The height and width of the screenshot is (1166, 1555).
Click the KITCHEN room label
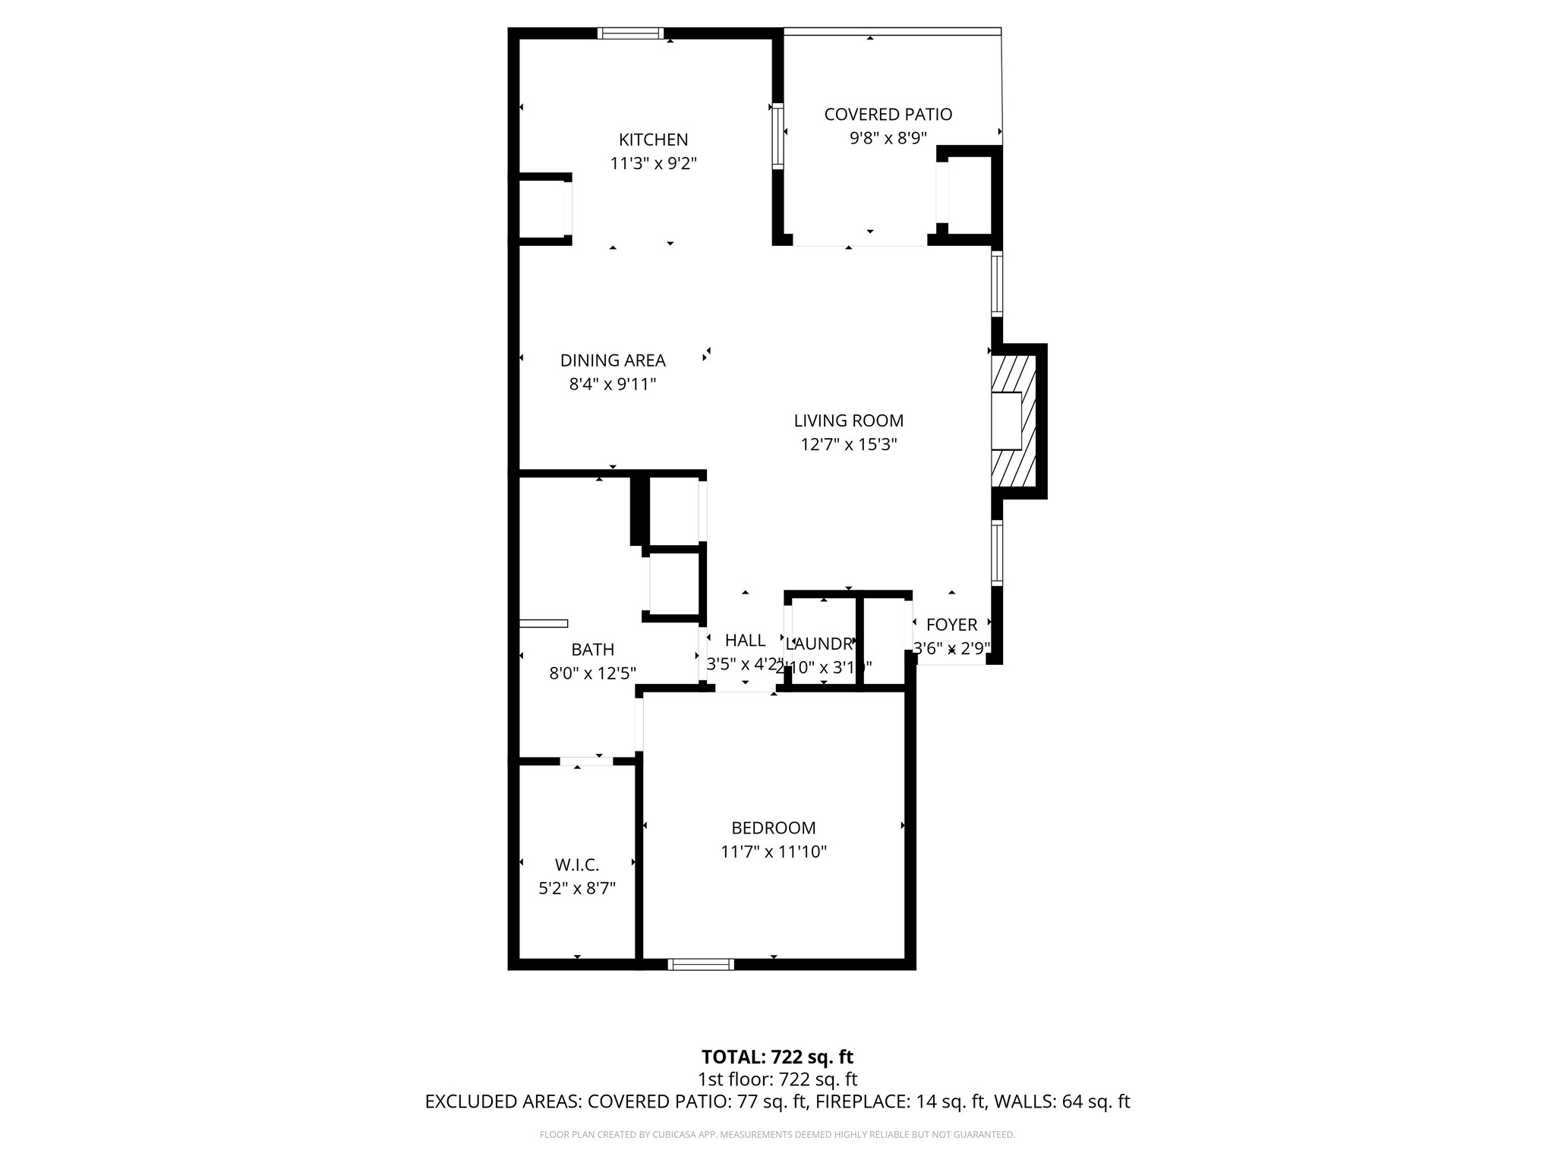[653, 140]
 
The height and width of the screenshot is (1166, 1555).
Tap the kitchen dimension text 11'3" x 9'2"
[653, 163]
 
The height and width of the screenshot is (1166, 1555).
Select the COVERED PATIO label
[888, 115]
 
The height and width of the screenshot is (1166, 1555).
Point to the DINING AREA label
[613, 361]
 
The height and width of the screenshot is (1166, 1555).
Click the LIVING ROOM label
[848, 421]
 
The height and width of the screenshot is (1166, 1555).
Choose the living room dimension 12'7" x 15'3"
[848, 444]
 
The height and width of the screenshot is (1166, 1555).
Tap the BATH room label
[592, 650]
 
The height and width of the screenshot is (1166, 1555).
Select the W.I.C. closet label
[577, 865]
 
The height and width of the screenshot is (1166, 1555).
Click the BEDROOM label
[773, 828]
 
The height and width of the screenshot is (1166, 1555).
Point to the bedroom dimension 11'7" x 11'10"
[773, 852]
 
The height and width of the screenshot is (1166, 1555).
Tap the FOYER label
[951, 625]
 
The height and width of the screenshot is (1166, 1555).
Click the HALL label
[745, 641]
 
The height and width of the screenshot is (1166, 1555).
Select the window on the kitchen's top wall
[630, 33]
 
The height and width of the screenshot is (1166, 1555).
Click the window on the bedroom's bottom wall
[701, 964]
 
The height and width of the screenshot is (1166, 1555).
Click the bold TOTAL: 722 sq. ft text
[777, 1057]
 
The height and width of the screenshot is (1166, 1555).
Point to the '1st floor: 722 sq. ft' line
[777, 1079]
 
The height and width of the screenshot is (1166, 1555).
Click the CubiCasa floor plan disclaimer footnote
[777, 1135]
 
